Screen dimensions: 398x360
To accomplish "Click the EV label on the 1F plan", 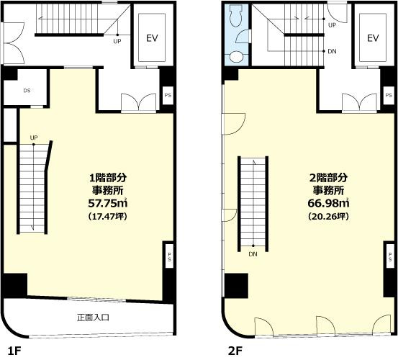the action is (152, 38).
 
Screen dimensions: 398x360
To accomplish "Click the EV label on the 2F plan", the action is (373, 38).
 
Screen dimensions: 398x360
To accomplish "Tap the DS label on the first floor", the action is (27, 91).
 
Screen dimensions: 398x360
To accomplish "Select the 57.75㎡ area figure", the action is (108, 203).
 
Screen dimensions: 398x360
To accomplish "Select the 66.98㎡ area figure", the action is (328, 203).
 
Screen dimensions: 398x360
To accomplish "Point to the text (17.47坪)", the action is (108, 216).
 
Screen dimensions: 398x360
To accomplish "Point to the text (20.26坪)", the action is (328, 216).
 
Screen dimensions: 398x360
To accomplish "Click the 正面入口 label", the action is (93, 318).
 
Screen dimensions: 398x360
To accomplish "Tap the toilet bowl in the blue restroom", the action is (236, 16).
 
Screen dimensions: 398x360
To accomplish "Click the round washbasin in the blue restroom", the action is (237, 57).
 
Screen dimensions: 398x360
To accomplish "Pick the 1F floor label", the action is (14, 351).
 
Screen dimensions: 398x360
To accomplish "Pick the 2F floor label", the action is (235, 351).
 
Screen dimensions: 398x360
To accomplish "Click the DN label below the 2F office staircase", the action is (253, 254).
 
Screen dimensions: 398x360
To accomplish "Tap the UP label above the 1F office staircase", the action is (34, 138).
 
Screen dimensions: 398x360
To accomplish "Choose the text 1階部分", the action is (108, 178).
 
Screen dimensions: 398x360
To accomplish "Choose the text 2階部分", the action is (328, 178).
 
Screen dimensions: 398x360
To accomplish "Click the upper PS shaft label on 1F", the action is (168, 96).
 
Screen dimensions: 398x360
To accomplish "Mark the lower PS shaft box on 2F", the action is (390, 256).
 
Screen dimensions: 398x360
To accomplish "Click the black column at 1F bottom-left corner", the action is (15, 285).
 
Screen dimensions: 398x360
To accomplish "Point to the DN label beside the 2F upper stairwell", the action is (332, 51).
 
